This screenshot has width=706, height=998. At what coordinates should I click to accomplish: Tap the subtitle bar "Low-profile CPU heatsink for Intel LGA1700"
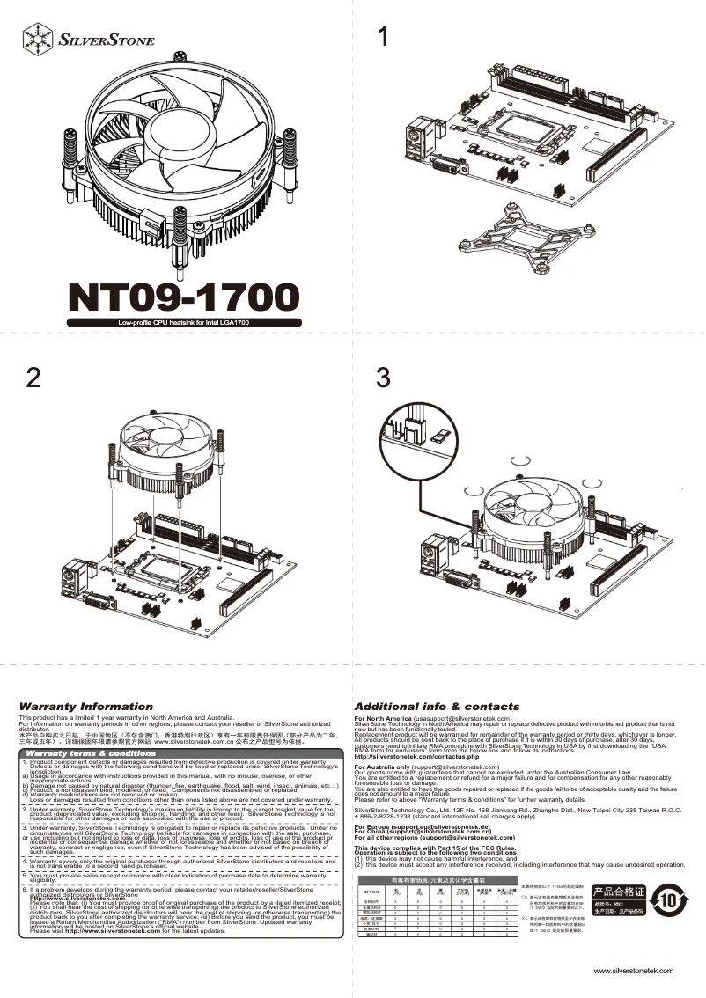click(x=184, y=323)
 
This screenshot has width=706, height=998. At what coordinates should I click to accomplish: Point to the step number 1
click(x=382, y=37)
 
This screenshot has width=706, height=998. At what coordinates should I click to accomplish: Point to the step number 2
click(x=33, y=378)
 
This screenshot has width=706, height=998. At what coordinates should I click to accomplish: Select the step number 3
click(x=382, y=378)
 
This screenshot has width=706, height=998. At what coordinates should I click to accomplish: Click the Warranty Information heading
click(x=86, y=707)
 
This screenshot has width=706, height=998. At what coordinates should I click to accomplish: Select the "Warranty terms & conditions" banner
click(x=92, y=753)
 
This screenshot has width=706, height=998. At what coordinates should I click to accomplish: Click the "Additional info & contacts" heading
click(x=437, y=707)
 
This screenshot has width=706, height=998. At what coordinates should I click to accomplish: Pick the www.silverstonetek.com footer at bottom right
click(x=634, y=971)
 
